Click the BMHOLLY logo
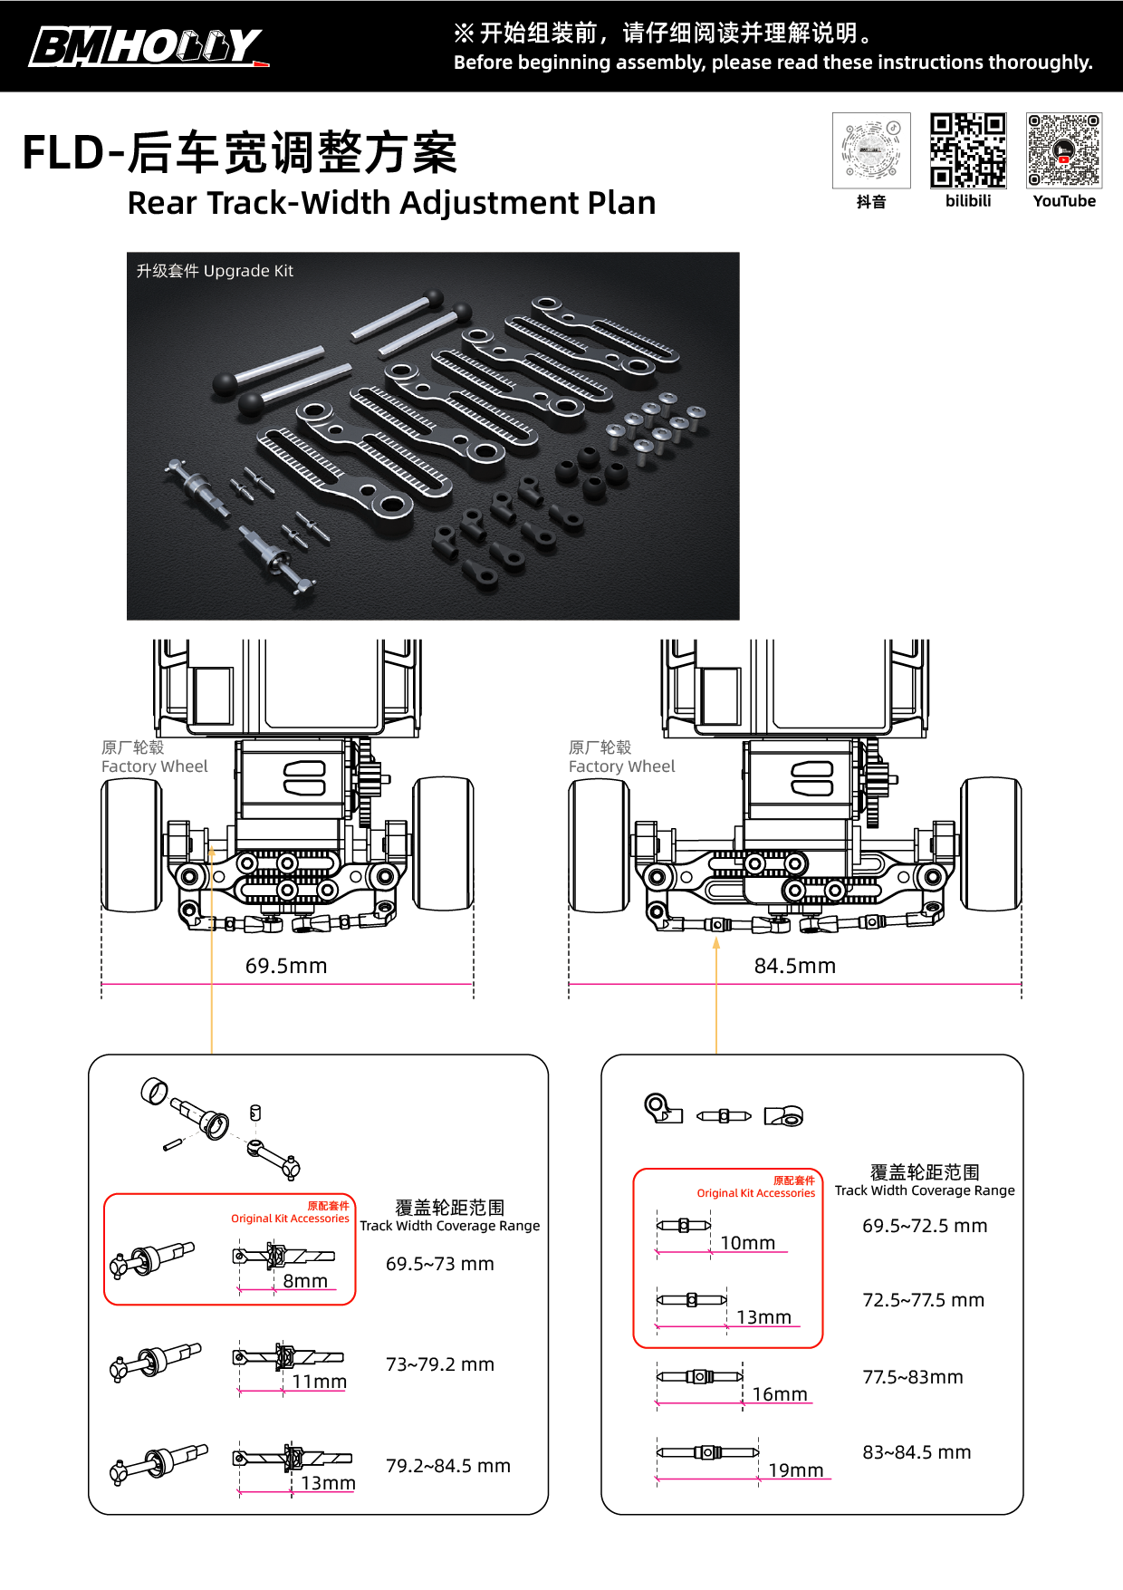[x=149, y=46]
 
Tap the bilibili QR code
[x=967, y=149]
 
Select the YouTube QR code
[x=1064, y=149]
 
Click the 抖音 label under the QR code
[x=871, y=202]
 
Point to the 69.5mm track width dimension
[x=286, y=966]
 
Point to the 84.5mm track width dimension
[x=794, y=966]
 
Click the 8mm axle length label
[x=305, y=1281]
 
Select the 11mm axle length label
[x=319, y=1382]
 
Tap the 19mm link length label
[x=796, y=1470]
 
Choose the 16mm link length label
[x=780, y=1394]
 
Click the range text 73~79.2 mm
[x=440, y=1364]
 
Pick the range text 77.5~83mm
[x=913, y=1377]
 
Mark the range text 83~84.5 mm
[x=917, y=1452]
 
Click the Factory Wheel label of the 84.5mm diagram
[x=621, y=766]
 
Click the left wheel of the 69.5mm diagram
[x=131, y=844]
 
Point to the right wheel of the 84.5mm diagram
[x=991, y=843]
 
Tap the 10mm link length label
[x=748, y=1243]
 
